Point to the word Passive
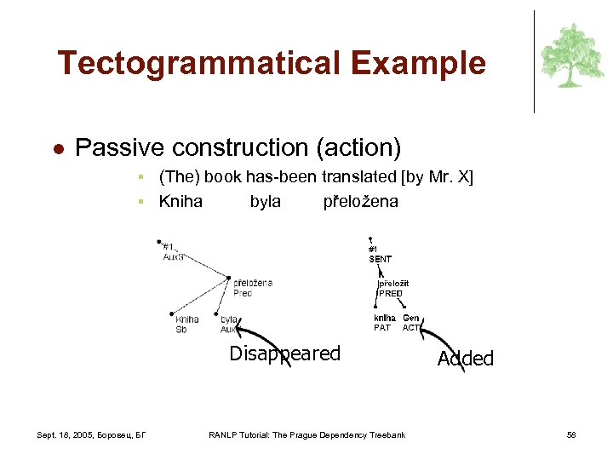pyautogui.click(x=119, y=148)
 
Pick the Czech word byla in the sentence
pyautogui.click(x=265, y=202)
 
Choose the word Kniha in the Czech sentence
pyautogui.click(x=180, y=202)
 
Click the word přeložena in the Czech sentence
pyautogui.click(x=360, y=202)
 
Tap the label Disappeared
pyautogui.click(x=285, y=354)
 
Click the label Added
pyautogui.click(x=465, y=359)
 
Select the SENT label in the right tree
pyautogui.click(x=381, y=258)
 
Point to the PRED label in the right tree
pyautogui.click(x=391, y=294)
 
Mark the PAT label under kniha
pyautogui.click(x=382, y=327)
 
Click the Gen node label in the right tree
pyautogui.click(x=411, y=318)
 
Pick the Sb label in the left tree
pyautogui.click(x=180, y=330)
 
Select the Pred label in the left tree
pyautogui.click(x=243, y=293)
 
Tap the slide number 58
pyautogui.click(x=571, y=435)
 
